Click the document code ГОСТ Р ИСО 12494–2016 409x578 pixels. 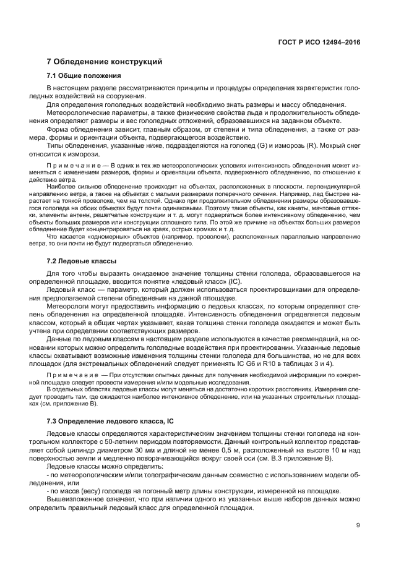pyautogui.click(x=319, y=43)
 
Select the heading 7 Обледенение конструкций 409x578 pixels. pyautogui.click(x=105, y=62)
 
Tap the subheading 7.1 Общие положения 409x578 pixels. pyautogui.click(x=84, y=75)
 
